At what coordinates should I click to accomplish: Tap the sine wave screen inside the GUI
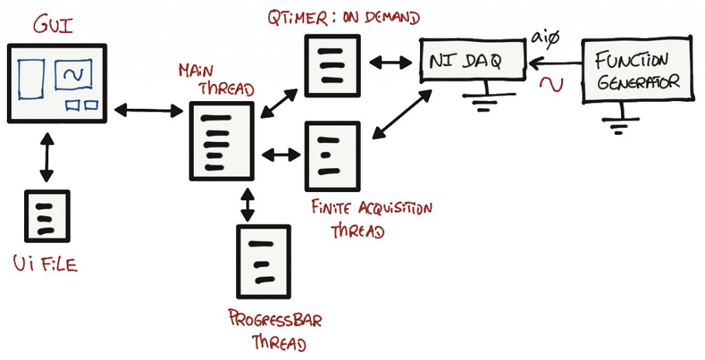pyautogui.click(x=73, y=76)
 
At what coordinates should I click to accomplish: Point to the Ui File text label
pyautogui.click(x=45, y=263)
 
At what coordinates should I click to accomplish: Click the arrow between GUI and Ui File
pyautogui.click(x=45, y=158)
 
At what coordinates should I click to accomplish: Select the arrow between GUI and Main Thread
pyautogui.click(x=147, y=108)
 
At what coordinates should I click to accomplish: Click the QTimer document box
pyautogui.click(x=332, y=65)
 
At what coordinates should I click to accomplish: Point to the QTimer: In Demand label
pyautogui.click(x=342, y=17)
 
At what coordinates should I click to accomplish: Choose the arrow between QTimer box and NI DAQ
pyautogui.click(x=390, y=63)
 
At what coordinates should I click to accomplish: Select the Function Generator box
pyautogui.click(x=638, y=72)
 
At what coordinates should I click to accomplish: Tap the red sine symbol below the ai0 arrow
pyautogui.click(x=553, y=83)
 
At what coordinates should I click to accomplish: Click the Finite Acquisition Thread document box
pyautogui.click(x=332, y=156)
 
